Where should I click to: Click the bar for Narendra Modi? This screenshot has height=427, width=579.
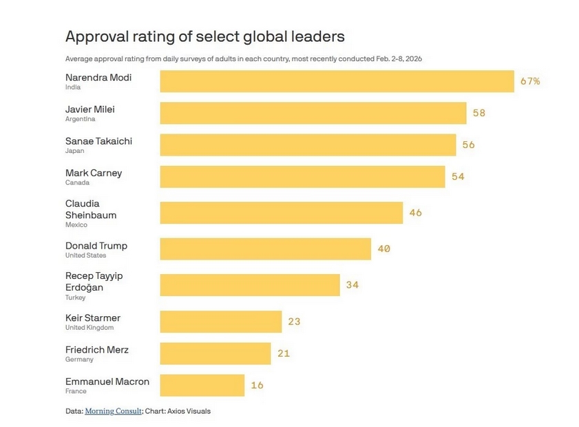coord(337,81)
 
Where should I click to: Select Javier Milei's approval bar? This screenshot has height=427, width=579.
coord(313,113)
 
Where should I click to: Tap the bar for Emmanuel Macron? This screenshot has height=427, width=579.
coord(202,386)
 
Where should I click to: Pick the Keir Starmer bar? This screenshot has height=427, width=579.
coord(221,322)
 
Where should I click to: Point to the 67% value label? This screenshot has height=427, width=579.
coord(530,81)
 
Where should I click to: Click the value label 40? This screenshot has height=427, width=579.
coord(383,249)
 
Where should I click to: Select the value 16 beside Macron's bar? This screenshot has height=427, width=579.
coord(257,386)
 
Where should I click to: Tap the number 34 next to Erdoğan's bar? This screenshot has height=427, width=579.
coord(352,284)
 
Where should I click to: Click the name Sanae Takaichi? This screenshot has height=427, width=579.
coord(98,141)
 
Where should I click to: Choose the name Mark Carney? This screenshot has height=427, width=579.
coord(94,173)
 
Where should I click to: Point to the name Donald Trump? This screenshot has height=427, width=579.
coord(96,246)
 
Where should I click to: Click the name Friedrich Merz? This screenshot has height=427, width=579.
coord(97,350)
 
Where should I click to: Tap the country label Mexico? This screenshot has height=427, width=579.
coord(76,225)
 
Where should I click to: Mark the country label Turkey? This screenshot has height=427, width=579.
coord(76,298)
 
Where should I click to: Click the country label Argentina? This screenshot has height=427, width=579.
coord(81,119)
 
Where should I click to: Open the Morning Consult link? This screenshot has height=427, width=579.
coord(114,411)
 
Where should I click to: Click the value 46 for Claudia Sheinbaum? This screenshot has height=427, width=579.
coord(415,213)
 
